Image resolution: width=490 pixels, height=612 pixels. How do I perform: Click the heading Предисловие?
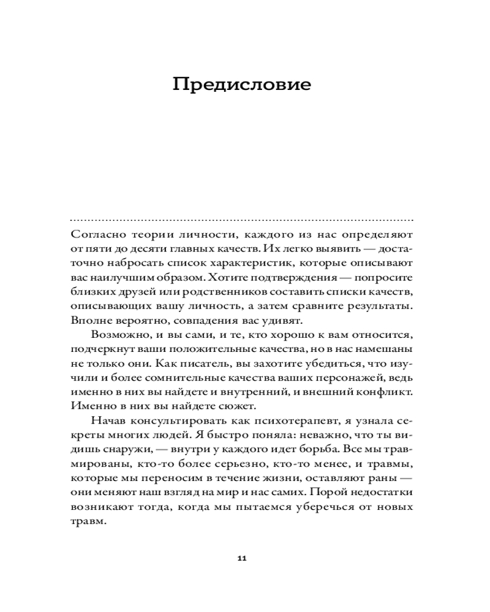[x=241, y=84]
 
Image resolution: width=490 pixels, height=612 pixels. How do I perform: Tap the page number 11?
[x=241, y=559]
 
